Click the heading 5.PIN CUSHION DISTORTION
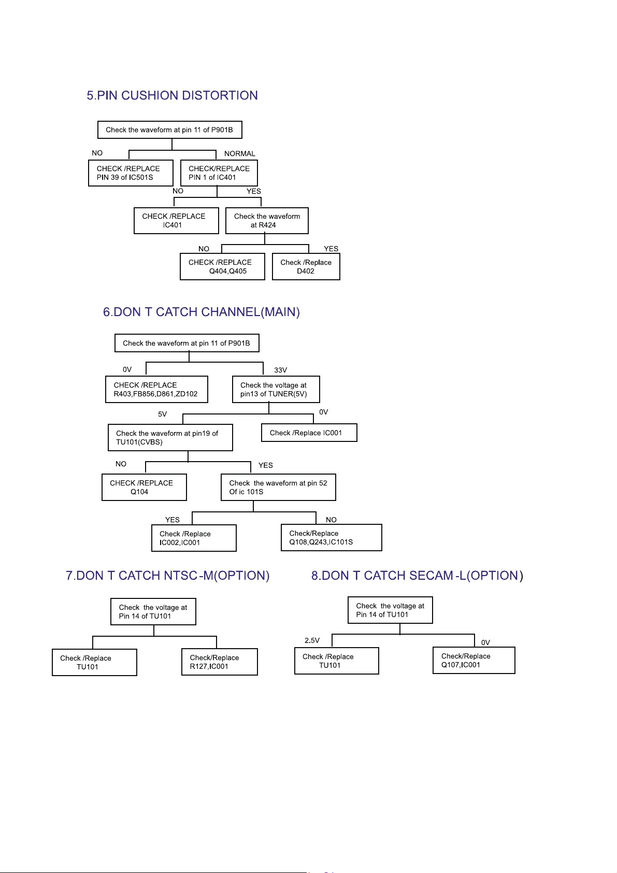[x=172, y=95]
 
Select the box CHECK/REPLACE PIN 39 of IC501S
[x=131, y=173]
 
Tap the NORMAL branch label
[x=239, y=153]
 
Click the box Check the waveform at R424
[x=267, y=221]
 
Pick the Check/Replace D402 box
[x=306, y=267]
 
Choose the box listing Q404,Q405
[x=222, y=267]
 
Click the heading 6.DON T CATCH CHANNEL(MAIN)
[x=201, y=312]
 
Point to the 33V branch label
[x=280, y=370]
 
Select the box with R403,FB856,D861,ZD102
[x=156, y=389]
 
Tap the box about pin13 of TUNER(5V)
[x=276, y=389]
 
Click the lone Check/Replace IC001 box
[x=309, y=433]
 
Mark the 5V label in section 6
[x=162, y=414]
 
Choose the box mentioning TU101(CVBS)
[x=170, y=437]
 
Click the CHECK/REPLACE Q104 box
[x=144, y=487]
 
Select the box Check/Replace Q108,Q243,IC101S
[x=332, y=537]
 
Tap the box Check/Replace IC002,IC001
[x=194, y=538]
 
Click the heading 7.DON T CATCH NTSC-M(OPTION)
[x=168, y=575]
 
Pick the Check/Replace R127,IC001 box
[x=220, y=662]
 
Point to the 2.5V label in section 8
[x=312, y=640]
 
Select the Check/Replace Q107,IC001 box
[x=473, y=660]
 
